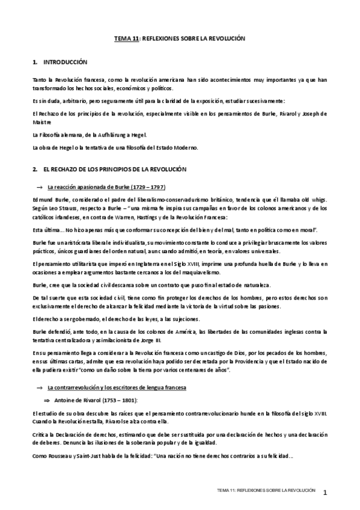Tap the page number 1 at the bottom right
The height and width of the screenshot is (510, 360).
(325, 493)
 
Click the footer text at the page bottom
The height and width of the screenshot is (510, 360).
(267, 491)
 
